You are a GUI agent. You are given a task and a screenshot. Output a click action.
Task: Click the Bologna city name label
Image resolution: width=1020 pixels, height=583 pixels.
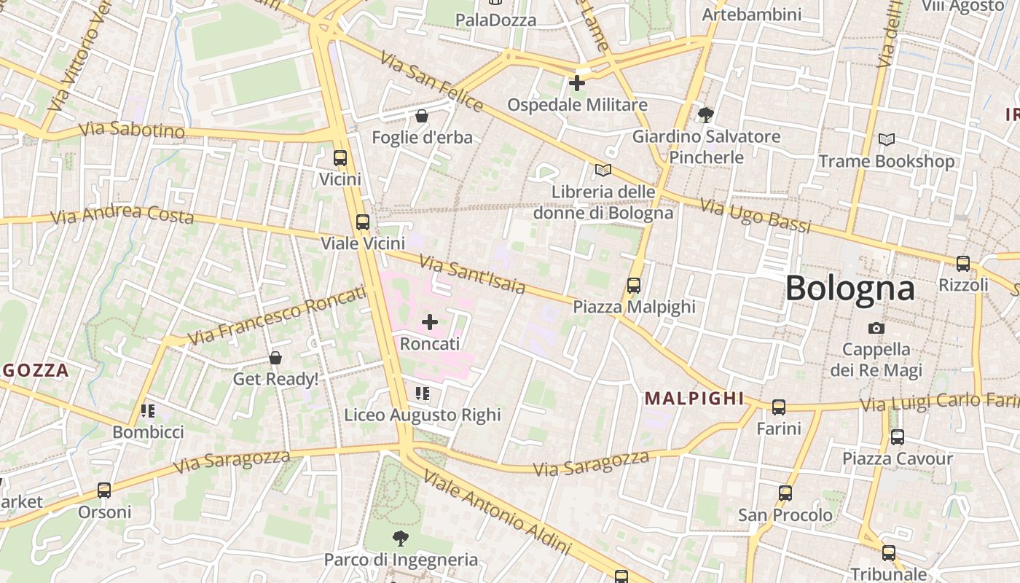coord(850,289)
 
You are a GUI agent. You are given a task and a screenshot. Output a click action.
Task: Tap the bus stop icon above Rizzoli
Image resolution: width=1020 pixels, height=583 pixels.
coord(963,264)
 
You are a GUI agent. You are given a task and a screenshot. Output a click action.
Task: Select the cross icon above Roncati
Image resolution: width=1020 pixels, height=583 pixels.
coord(430,321)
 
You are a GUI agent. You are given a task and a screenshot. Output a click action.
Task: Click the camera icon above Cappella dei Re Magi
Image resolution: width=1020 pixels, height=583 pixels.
coord(876,328)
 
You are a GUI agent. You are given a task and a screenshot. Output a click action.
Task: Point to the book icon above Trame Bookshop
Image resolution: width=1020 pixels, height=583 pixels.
coord(887,139)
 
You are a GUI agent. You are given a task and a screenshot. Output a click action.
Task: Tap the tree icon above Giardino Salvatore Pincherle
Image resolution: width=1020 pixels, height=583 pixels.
coord(705,114)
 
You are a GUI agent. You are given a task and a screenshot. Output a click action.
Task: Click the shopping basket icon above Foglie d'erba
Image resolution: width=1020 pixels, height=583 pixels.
coord(421,116)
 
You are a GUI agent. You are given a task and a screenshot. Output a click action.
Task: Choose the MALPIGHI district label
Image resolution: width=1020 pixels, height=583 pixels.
coord(694,399)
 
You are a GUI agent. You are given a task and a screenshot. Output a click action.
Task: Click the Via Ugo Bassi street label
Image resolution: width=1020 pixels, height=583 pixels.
coord(756,216)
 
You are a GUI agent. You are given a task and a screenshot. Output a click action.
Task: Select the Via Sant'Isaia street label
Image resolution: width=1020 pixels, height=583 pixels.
coord(472,274)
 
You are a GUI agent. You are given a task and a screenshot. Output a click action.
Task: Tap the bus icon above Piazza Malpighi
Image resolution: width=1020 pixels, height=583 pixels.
coord(634,286)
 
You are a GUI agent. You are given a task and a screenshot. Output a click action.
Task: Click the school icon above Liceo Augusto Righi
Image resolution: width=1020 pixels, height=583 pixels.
coord(423,394)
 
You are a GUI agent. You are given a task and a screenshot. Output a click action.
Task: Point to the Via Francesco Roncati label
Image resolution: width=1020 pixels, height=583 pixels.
coord(277,316)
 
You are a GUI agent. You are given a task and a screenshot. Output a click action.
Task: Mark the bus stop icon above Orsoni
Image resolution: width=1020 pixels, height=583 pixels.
coord(104,490)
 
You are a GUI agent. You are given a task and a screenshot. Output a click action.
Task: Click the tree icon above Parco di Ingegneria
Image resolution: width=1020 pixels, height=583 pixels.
coord(400,539)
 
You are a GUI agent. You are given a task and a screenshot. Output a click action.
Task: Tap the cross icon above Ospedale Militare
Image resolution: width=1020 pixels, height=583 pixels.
coord(576,83)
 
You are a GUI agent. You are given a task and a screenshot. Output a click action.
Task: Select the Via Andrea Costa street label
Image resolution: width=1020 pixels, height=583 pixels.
coord(122,214)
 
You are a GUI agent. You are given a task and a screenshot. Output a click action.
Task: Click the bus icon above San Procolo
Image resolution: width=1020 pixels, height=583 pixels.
coord(785,493)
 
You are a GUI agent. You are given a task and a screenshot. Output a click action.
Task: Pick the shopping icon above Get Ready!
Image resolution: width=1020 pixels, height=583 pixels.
coord(275,358)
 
